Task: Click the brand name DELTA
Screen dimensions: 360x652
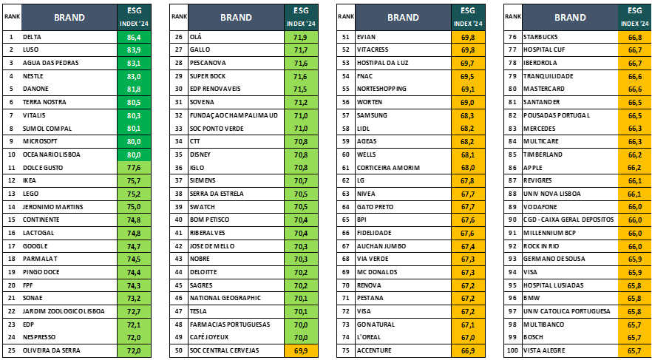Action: [33, 36]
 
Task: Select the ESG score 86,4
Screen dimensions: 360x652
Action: [134, 36]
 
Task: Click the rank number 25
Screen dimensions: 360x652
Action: [12, 350]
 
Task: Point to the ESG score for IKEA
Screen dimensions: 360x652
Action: [134, 180]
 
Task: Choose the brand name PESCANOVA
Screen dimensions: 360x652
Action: [208, 63]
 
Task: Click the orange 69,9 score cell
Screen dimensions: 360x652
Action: [301, 350]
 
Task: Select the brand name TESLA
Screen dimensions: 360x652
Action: [199, 311]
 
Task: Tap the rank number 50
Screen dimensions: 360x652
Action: [178, 350]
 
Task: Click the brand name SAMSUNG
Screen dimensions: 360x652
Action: [372, 115]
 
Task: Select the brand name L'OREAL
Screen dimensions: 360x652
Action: [368, 337]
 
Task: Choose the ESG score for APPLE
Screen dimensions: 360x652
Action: [634, 168]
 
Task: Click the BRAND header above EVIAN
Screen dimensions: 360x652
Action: [403, 17]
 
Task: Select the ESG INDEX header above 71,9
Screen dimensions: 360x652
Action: [301, 17]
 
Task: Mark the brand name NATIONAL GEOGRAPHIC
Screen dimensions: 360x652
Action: [225, 298]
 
